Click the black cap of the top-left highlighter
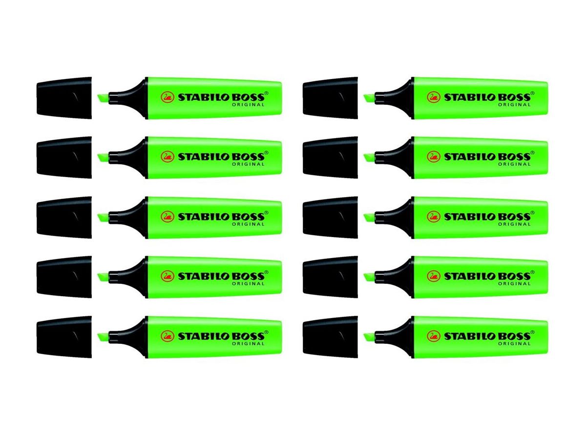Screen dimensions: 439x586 click(64, 98)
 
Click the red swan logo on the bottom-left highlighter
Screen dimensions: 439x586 click(167, 336)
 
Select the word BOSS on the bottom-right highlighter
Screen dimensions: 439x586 click(513, 336)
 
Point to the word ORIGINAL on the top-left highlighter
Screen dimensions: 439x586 click(248, 105)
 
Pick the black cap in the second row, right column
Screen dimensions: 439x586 click(330, 157)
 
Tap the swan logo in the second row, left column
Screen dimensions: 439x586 click(167, 157)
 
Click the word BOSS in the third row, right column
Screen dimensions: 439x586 click(513, 217)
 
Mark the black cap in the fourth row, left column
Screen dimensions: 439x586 click(64, 276)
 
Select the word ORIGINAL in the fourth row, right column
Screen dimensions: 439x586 click(514, 283)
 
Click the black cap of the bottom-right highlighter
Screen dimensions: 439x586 click(330, 337)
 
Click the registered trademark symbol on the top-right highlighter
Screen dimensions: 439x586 click(533, 92)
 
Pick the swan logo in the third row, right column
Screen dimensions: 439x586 click(434, 217)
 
